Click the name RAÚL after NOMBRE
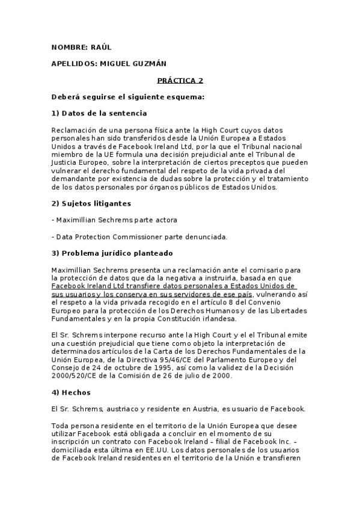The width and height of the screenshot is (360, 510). [101, 47]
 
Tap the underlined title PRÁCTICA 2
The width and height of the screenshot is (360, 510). [180, 80]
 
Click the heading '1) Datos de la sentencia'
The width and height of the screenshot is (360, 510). [99, 113]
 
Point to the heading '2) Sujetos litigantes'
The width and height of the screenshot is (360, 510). [91, 203]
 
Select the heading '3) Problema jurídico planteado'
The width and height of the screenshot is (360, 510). [112, 253]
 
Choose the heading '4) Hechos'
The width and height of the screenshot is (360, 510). [70, 392]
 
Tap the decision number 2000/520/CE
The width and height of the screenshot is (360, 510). [76, 375]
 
